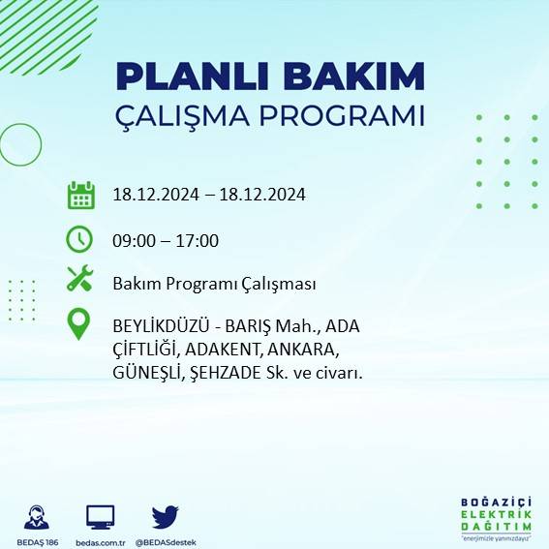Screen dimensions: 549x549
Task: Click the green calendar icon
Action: pos(79,195)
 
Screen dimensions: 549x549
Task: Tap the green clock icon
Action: pos(79,238)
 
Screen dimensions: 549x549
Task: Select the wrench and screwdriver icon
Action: pos(79,281)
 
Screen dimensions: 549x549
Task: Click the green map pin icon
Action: pos(79,324)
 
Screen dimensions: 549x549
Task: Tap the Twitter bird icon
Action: pos(165,516)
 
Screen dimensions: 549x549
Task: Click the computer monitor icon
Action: pos(101,516)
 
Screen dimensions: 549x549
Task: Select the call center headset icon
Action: pos(38,516)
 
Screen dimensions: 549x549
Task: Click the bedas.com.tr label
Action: pos(101,542)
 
